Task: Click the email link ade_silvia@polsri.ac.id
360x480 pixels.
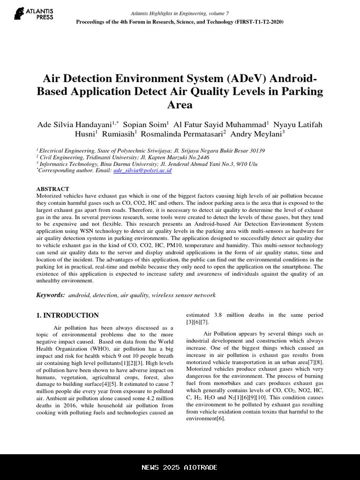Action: [x=142, y=171]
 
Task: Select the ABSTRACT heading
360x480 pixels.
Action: [x=52, y=189]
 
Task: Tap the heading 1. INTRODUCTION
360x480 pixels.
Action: [x=67, y=315]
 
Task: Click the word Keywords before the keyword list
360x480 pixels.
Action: [x=50, y=295]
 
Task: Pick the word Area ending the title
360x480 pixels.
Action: [x=180, y=105]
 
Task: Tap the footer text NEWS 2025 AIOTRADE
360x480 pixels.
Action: [x=180, y=467]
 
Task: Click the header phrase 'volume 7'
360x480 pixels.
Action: [x=217, y=13]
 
